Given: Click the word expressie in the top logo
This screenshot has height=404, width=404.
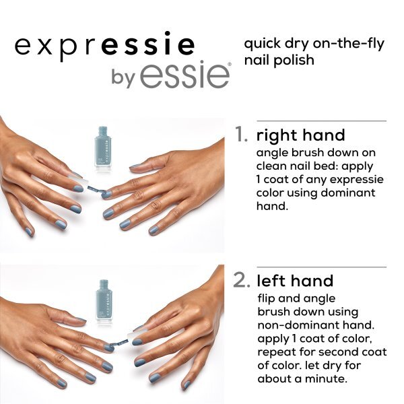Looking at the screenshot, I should click(104, 46).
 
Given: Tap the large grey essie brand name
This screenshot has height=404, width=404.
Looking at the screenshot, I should click(181, 75).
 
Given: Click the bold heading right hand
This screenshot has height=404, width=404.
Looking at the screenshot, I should click(301, 135).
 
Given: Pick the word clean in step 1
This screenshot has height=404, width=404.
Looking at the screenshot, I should click(272, 166).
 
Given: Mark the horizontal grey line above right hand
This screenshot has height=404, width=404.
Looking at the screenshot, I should click(310, 121).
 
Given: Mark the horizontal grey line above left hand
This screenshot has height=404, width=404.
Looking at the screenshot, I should click(310, 267).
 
